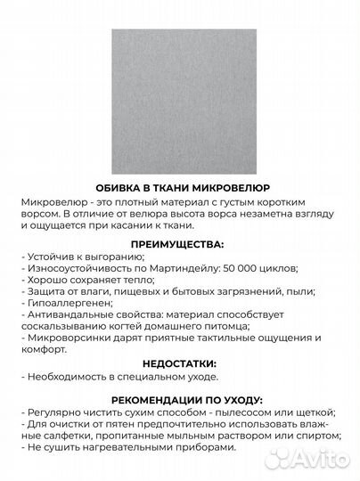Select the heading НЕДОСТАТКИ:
pos(180,364)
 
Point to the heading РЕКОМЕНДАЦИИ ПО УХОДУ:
pos(180,399)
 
